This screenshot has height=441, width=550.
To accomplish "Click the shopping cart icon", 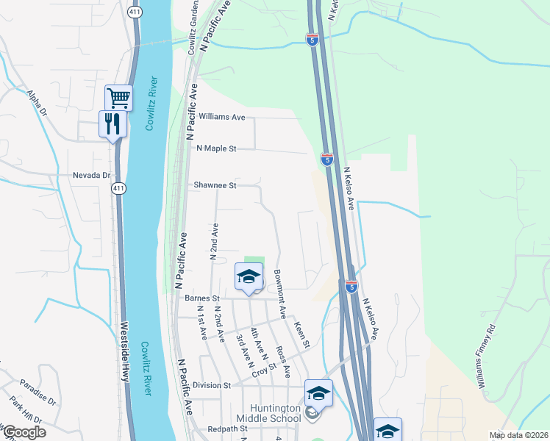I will click(118, 97).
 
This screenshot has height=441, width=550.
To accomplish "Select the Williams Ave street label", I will click(221, 117).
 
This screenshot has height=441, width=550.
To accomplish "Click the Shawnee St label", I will click(214, 186).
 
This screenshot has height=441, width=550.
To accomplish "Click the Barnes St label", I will click(202, 298).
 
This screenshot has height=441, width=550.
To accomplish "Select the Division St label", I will click(212, 385).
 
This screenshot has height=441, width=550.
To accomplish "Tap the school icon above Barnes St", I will click(249, 277).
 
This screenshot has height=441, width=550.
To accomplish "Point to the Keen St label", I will click(302, 334).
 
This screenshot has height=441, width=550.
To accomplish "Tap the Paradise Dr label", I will click(38, 392).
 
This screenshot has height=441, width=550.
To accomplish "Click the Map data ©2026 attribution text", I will click(518, 435).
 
